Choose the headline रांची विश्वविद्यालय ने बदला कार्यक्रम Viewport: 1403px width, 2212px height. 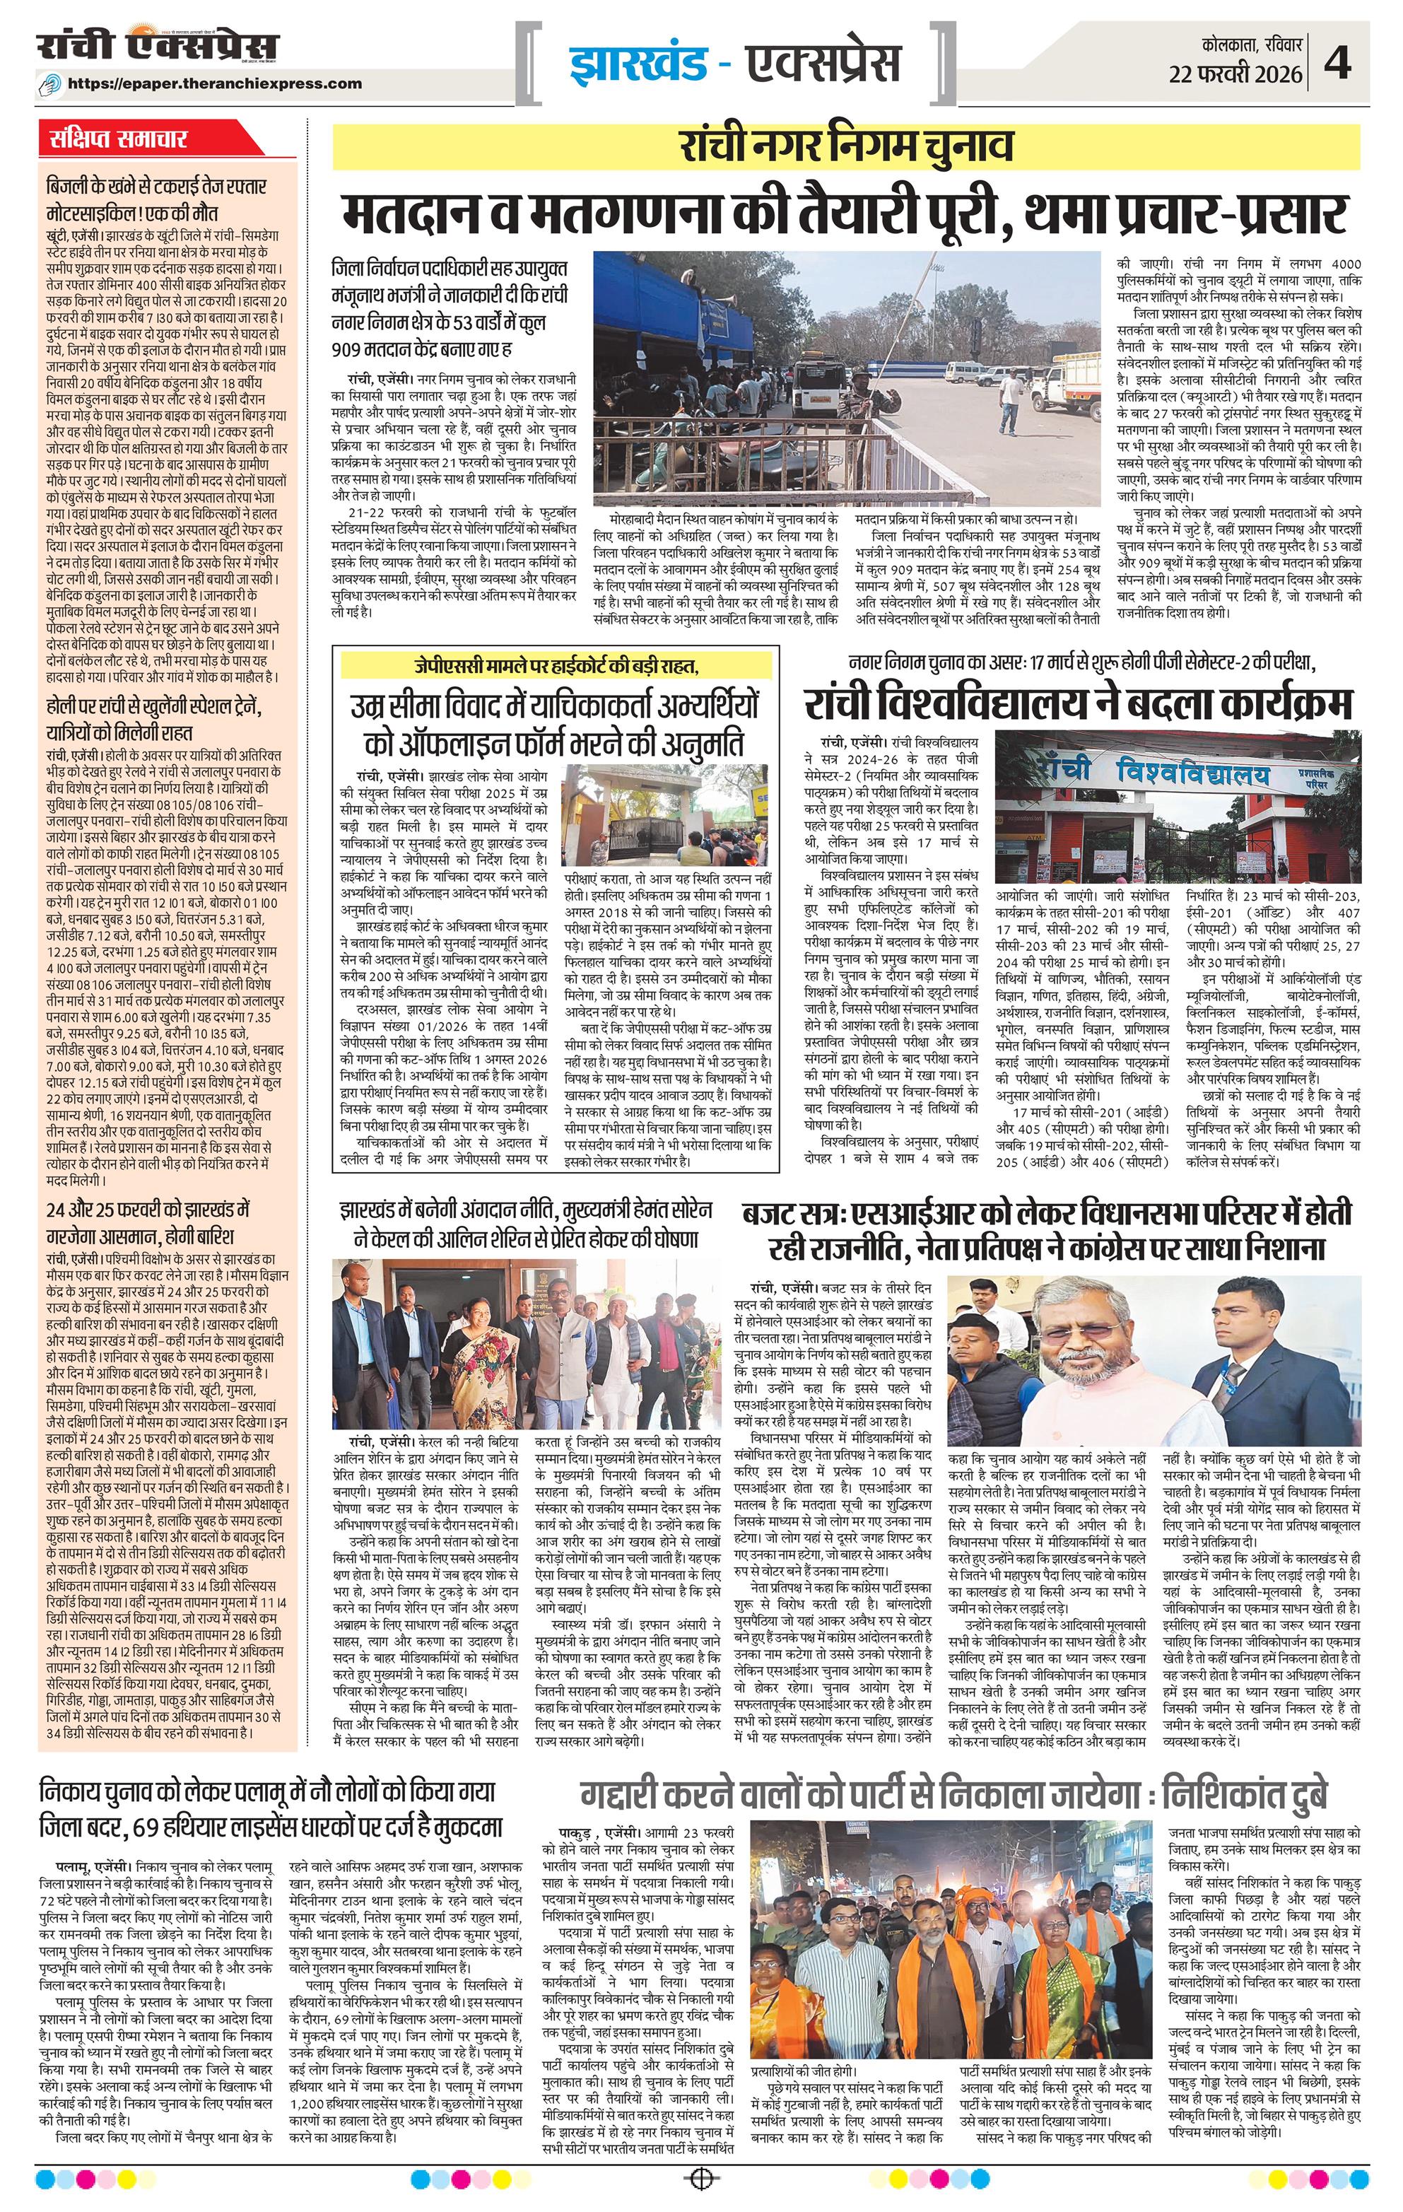(x=1078, y=706)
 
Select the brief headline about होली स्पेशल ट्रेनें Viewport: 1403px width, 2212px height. (x=155, y=720)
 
